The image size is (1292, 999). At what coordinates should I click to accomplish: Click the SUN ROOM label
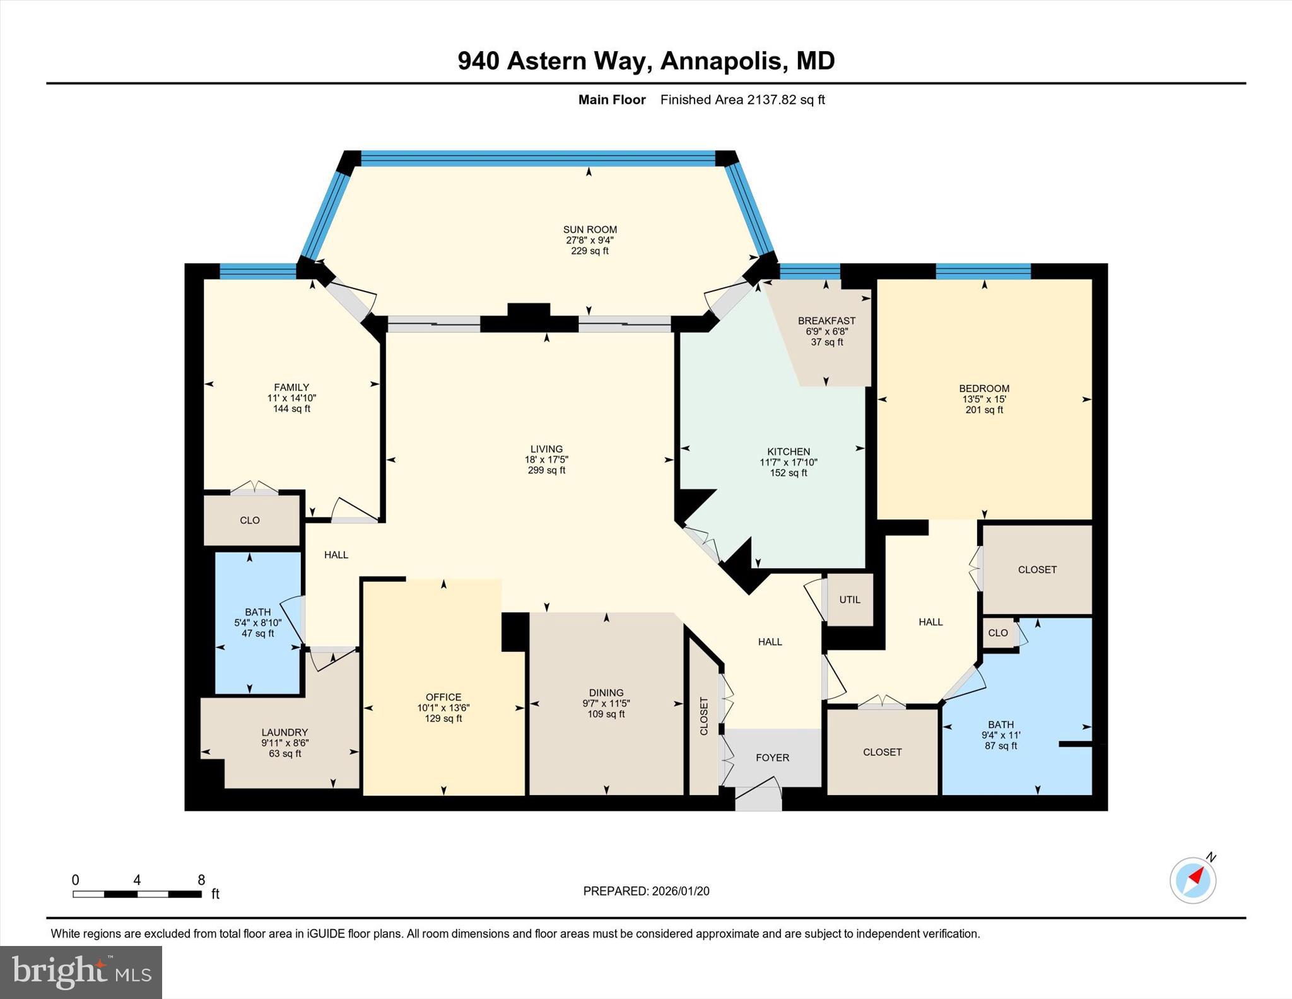(590, 230)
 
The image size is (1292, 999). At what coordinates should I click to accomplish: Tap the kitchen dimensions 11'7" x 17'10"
(788, 462)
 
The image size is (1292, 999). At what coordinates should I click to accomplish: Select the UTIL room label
(849, 600)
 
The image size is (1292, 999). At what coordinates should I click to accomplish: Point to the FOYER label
(772, 757)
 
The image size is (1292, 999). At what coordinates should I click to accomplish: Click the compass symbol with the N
(1193, 880)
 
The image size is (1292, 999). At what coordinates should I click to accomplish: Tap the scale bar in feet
(137, 894)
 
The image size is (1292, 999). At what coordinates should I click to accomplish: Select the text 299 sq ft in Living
(546, 470)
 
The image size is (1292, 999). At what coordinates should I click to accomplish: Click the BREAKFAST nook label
(826, 321)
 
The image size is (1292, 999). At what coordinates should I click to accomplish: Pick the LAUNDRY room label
(285, 732)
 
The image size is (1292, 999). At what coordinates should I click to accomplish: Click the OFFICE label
(443, 697)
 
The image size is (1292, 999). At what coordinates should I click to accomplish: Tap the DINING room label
(606, 692)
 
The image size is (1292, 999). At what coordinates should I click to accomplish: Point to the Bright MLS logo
(81, 972)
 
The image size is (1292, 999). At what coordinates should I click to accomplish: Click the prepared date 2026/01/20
(680, 891)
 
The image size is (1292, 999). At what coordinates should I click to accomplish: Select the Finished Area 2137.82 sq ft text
(742, 100)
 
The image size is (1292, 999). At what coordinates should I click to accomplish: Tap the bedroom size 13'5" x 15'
(984, 399)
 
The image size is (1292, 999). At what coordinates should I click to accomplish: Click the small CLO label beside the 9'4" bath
(998, 632)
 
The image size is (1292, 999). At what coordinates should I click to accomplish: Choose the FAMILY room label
(291, 387)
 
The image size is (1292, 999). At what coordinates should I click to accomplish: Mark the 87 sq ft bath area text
(1001, 745)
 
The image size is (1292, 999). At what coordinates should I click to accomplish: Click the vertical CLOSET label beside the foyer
(704, 716)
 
